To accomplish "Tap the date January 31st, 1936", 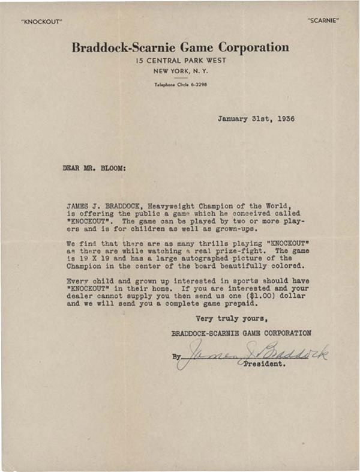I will coord(256,119).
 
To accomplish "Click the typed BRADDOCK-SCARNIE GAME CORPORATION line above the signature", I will coord(241,333).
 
